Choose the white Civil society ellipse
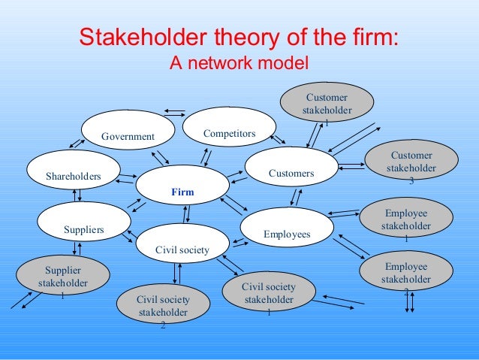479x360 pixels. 182,243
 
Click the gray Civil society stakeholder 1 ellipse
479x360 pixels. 269,293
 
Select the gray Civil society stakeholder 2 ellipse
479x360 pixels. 163,306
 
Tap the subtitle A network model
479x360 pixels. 239,63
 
